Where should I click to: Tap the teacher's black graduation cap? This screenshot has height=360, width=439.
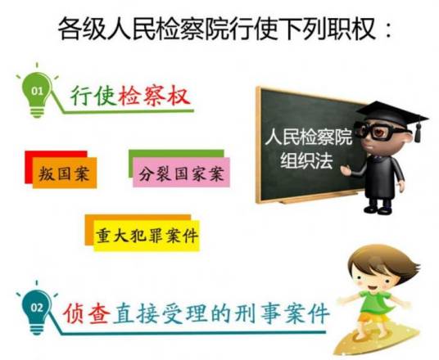(392, 113)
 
